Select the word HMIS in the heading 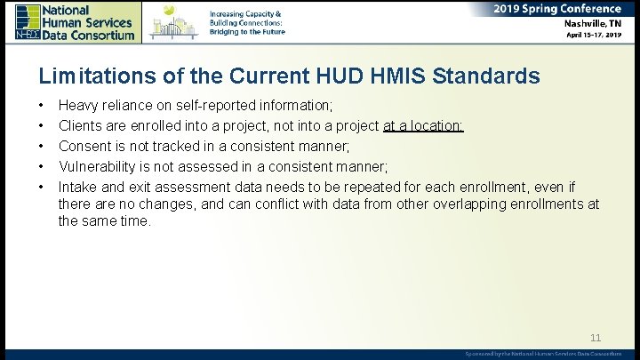[x=404, y=76]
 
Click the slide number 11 [x=596, y=338]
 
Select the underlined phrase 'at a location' [x=423, y=128]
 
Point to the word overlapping [x=465, y=204]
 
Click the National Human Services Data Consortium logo [x=75, y=21]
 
